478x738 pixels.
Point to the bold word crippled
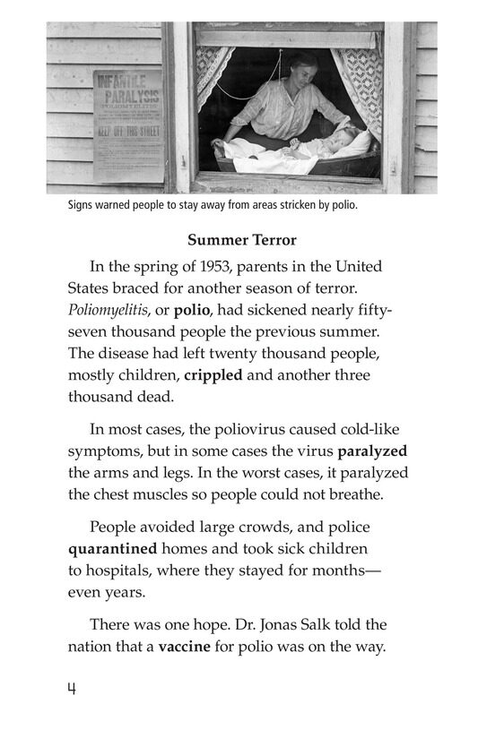click(x=213, y=375)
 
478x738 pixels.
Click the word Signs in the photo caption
click(x=82, y=205)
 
